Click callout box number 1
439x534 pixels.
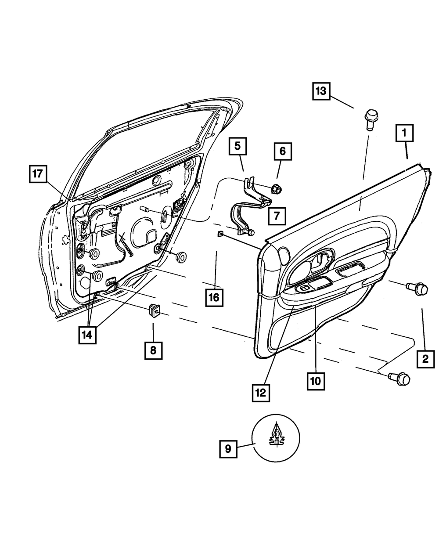405,133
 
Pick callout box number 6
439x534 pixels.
283,152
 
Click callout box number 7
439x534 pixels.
277,216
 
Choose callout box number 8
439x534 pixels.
153,350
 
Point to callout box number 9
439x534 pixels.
228,448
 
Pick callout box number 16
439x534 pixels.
214,297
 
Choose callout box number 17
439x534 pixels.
38,174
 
